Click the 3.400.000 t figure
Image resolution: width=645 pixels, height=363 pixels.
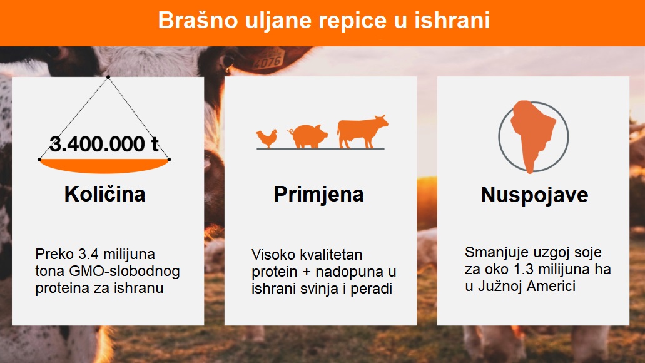[x=104, y=144]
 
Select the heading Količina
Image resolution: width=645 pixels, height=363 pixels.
[x=105, y=194]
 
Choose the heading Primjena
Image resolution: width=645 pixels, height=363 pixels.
[x=319, y=194]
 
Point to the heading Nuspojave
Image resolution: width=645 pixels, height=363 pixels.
[x=534, y=195]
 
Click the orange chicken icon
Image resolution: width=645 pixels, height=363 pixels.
[x=267, y=138]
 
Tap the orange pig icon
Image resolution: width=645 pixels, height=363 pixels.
[x=308, y=136]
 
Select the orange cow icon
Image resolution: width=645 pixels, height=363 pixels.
[x=362, y=131]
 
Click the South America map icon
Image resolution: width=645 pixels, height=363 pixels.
[x=532, y=136]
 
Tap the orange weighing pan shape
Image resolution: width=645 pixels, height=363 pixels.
[x=104, y=165]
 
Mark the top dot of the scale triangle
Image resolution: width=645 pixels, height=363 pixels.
[x=108, y=77]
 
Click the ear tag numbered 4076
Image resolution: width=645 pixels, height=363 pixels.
[x=268, y=59]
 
